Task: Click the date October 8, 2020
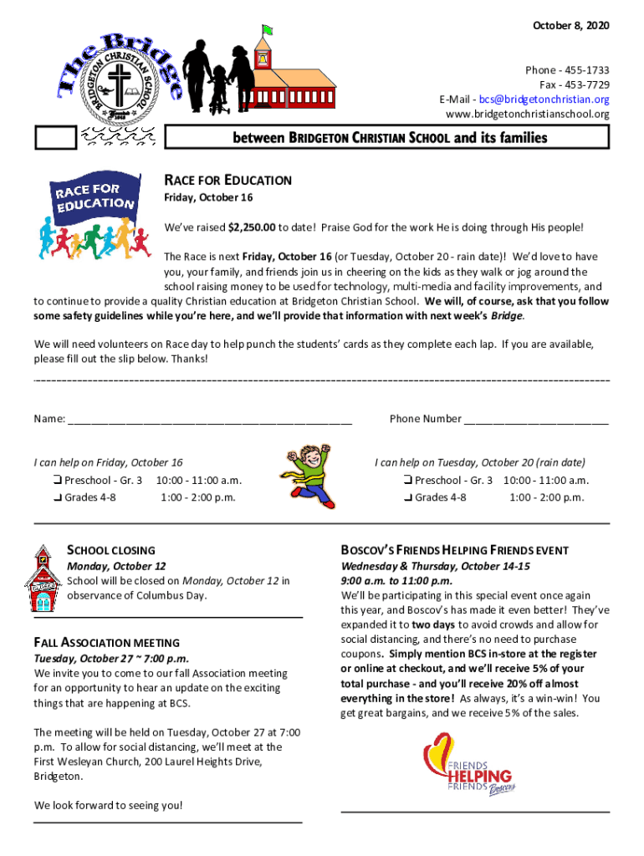coord(571,27)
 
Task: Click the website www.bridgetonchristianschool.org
coord(528,114)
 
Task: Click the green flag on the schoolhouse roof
coord(267,32)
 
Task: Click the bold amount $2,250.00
coord(252,227)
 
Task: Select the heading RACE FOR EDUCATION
coord(227,180)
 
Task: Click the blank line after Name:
coord(210,420)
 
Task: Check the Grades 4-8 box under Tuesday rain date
coord(407,498)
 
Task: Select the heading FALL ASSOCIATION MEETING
coord(107,643)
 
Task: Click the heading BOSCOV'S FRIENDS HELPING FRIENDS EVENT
coord(454,550)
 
